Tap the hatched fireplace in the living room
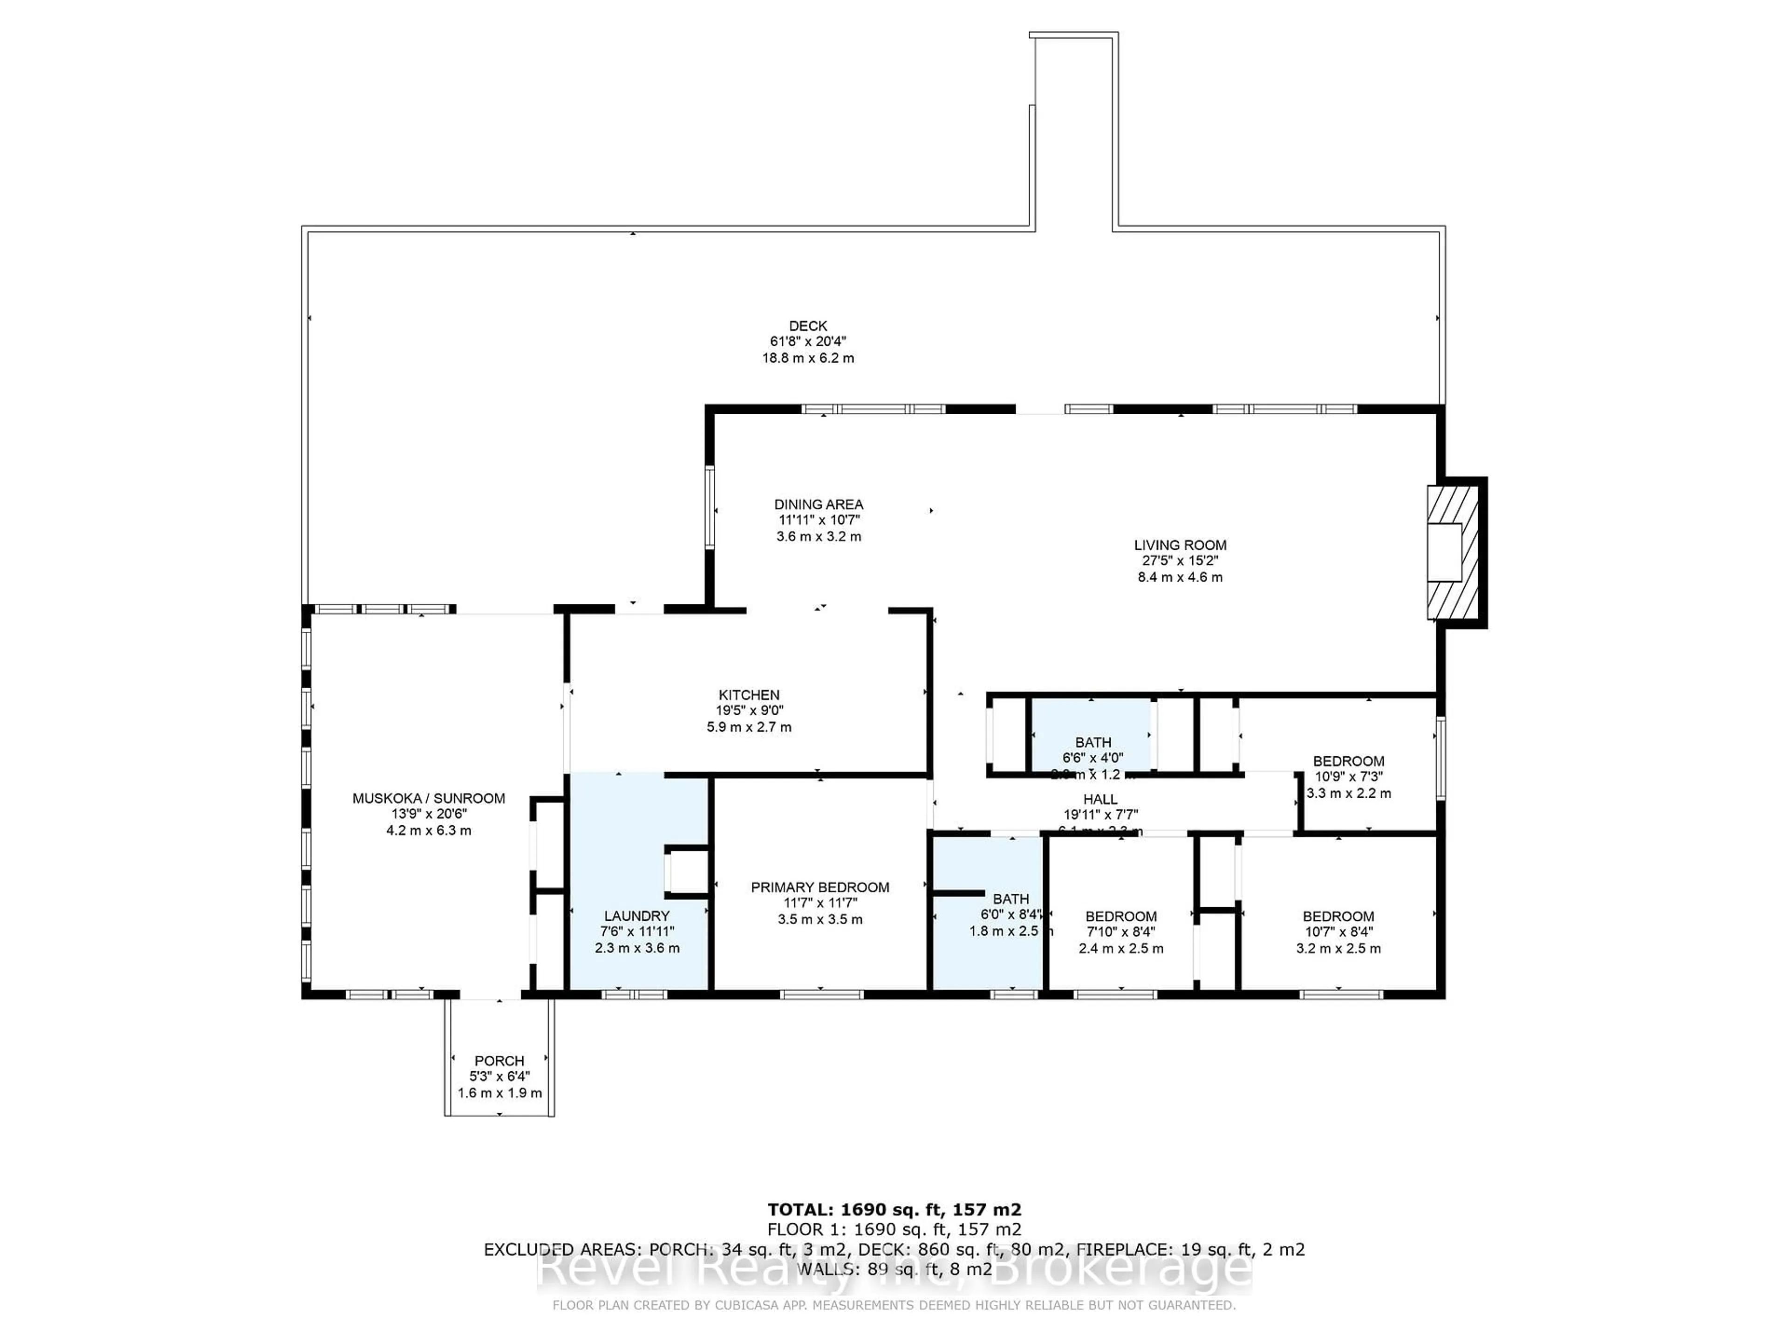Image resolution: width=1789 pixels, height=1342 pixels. click(1454, 552)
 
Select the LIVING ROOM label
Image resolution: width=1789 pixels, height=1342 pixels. click(1180, 545)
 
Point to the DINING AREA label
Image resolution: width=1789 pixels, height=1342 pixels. click(819, 504)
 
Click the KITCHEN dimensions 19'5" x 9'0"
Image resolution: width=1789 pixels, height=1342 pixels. click(749, 710)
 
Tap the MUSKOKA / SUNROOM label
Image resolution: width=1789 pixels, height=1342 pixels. click(429, 798)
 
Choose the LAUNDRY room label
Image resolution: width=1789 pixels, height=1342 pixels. click(636, 916)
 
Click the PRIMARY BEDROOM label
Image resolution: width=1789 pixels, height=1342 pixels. click(820, 887)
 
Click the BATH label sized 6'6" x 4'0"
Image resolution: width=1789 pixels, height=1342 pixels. click(1093, 742)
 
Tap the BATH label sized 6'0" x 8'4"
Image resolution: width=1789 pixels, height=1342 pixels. click(1011, 899)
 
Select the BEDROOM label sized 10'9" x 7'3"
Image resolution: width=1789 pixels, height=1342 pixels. click(1348, 760)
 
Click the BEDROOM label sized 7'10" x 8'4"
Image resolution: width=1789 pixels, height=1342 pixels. click(1121, 916)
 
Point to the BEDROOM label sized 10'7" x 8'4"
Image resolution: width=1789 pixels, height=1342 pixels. click(1338, 916)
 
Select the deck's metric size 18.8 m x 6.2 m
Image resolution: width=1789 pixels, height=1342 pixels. click(807, 357)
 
